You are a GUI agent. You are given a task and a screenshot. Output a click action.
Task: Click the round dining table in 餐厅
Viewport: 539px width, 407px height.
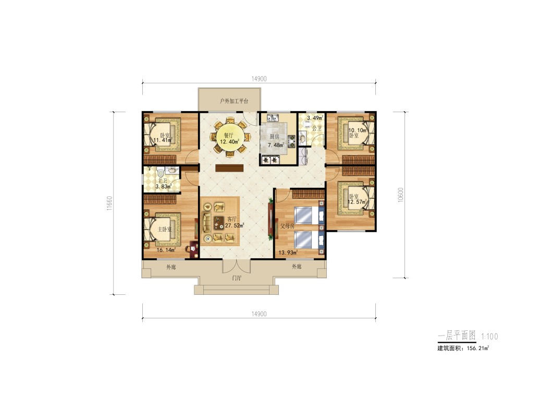pos(230,137)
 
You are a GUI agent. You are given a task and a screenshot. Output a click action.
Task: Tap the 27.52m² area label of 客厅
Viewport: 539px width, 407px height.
pos(235,226)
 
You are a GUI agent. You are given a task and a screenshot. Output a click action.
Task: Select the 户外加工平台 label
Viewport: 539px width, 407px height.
pos(234,101)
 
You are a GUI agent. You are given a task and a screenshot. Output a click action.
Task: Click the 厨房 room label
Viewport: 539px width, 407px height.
pos(274,137)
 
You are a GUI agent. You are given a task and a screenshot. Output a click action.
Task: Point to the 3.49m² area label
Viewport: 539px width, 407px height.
pos(315,118)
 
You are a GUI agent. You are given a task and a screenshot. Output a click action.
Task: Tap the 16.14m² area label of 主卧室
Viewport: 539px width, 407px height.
pos(166,250)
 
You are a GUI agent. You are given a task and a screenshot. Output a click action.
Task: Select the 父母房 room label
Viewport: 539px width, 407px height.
pos(287,226)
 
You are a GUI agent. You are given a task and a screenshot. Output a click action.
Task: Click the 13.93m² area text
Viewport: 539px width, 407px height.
pos(288,253)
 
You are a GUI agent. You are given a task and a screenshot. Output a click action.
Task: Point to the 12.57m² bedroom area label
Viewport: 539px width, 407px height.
pos(357,202)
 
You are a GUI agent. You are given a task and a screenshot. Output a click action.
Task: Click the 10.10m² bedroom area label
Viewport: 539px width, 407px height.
pos(358,130)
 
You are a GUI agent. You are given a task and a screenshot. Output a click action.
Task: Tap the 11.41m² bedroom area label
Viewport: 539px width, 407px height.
pos(163,140)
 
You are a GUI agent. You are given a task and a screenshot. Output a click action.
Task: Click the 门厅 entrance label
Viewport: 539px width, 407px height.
pos(237,278)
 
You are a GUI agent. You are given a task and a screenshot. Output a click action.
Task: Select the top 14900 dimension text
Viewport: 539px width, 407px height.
pos(259,79)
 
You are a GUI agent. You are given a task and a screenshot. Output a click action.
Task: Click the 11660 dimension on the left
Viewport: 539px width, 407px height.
pos(109,203)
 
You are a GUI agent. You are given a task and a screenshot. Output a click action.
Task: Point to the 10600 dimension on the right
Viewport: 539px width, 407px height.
pos(400,195)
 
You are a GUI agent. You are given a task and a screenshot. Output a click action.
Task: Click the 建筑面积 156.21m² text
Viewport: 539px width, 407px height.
pos(463,348)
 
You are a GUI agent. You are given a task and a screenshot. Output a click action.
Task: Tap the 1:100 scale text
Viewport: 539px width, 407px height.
pos(489,337)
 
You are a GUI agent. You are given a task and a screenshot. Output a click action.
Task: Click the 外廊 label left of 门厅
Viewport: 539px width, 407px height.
pos(171,267)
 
